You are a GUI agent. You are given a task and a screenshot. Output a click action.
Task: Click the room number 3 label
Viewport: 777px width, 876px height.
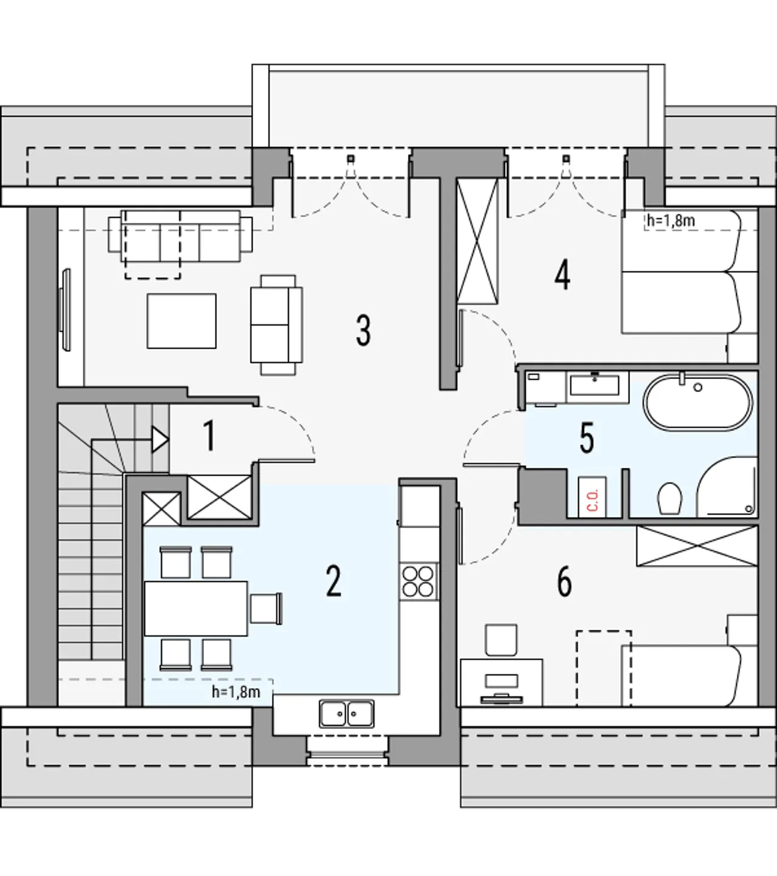click(364, 330)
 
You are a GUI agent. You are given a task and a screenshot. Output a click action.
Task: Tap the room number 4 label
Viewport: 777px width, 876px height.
click(562, 274)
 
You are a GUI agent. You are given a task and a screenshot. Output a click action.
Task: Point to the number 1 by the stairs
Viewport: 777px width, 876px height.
click(209, 436)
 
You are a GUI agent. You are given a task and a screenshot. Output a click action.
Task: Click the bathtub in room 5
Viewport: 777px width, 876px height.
click(697, 402)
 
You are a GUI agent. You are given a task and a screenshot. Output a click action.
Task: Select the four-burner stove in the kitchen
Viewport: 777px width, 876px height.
click(418, 581)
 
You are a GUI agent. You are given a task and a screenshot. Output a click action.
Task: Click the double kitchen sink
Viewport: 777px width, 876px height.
click(347, 714)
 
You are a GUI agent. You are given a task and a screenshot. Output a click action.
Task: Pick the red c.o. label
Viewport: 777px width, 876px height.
click(592, 500)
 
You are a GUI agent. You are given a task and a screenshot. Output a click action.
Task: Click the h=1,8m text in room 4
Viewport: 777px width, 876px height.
click(671, 221)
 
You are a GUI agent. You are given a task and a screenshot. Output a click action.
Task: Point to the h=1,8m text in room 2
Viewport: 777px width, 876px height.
click(236, 692)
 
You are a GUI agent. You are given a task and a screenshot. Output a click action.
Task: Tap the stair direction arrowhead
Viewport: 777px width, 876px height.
click(160, 440)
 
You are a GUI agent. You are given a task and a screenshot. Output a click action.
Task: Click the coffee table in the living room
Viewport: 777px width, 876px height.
click(182, 321)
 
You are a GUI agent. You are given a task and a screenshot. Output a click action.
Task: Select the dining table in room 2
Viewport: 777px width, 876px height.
click(195, 608)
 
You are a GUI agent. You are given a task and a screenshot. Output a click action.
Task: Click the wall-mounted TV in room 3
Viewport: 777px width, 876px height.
click(66, 310)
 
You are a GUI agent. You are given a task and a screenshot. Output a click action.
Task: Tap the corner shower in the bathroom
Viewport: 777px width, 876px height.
click(727, 487)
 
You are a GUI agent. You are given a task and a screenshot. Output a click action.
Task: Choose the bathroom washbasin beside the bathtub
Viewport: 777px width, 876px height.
click(595, 385)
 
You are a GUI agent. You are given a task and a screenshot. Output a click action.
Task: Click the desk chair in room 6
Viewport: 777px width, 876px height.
click(501, 640)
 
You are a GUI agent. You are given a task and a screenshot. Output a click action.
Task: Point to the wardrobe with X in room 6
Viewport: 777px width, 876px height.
click(697, 546)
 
